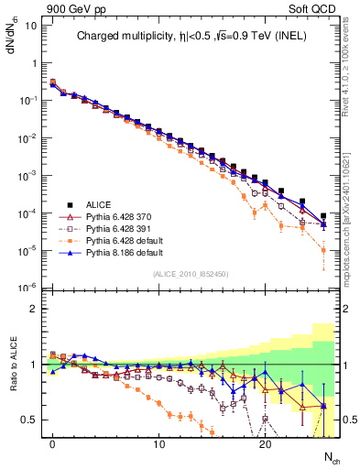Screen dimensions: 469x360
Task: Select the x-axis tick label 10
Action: coord(158,444)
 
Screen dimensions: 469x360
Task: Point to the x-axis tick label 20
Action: coord(265,444)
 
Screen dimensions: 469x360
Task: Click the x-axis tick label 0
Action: coord(53,444)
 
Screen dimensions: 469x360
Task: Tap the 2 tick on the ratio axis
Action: coord(32,309)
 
